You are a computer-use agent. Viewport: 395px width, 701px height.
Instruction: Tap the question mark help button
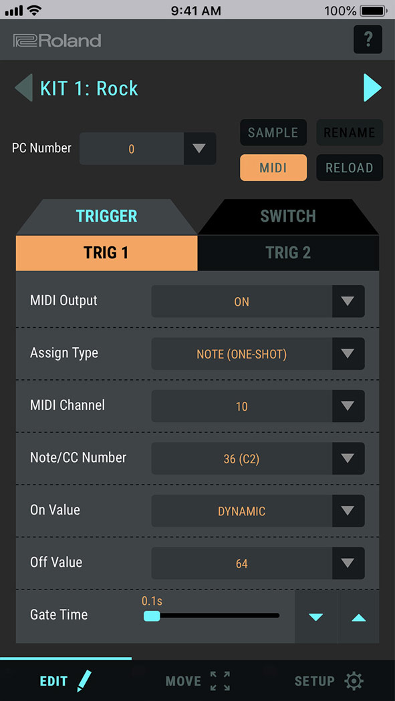tap(368, 40)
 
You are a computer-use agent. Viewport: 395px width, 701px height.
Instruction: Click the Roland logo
tap(57, 41)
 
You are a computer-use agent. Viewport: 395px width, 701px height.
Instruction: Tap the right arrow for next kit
tap(372, 88)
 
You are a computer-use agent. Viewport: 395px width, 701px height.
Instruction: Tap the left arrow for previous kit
tap(23, 88)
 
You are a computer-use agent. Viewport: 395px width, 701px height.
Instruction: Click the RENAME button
tap(349, 132)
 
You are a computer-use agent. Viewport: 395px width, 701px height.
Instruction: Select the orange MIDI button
tap(273, 168)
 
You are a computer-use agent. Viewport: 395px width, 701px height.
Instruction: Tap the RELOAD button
tap(349, 168)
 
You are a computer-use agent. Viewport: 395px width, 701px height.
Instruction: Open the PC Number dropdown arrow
tap(199, 148)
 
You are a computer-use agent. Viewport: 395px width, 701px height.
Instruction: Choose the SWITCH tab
tap(287, 216)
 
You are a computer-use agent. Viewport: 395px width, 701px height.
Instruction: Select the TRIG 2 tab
tap(288, 253)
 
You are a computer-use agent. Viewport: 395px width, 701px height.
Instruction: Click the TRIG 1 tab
tap(106, 253)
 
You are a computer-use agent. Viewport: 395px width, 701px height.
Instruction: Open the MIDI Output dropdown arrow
tap(348, 301)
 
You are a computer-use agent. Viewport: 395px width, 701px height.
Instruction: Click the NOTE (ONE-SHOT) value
tap(241, 354)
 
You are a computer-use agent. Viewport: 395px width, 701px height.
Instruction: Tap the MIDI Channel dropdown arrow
tap(348, 406)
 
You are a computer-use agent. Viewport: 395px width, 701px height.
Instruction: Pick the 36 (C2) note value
tap(241, 459)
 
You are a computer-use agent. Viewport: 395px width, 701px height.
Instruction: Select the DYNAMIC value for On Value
tap(241, 511)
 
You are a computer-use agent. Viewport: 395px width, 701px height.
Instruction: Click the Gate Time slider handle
tap(152, 616)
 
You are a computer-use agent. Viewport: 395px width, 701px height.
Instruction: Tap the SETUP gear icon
tap(354, 681)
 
